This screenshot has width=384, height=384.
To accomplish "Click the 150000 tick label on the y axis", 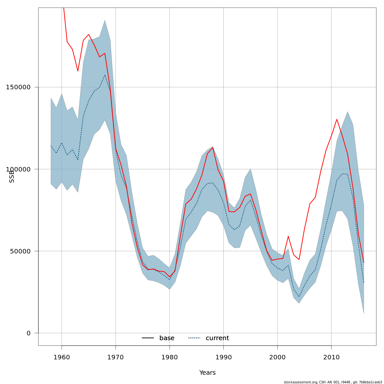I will [x=18, y=87].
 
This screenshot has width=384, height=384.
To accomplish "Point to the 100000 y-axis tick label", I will [x=18, y=169].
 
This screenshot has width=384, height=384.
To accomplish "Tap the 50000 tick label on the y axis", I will [x=20, y=251].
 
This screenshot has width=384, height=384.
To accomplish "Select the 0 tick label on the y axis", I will [x=28, y=333].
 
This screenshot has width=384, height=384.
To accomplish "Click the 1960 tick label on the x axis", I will [x=61, y=357].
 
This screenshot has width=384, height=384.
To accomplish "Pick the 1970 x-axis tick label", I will [x=116, y=357].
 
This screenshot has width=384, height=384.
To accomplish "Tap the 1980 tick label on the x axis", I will [x=170, y=357].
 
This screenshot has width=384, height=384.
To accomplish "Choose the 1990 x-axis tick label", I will [x=223, y=357].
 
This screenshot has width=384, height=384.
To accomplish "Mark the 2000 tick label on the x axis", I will [x=277, y=357].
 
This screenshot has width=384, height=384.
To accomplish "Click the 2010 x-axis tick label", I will [x=331, y=357].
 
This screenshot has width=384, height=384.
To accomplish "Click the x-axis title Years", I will [x=207, y=373].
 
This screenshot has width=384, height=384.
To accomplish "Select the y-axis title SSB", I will [x=12, y=176].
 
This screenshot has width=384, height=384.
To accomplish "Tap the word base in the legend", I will [x=167, y=338].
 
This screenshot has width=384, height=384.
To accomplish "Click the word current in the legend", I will [x=217, y=338].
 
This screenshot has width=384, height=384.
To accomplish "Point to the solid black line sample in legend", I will [x=148, y=338].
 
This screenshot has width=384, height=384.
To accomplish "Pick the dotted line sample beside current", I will [x=194, y=338].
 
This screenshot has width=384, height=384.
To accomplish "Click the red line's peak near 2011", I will [x=337, y=119].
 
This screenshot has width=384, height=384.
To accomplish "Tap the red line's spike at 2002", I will [x=288, y=236].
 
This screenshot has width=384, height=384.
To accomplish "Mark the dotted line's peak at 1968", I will [x=105, y=75].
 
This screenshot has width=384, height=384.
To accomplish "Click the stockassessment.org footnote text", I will [x=333, y=382].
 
